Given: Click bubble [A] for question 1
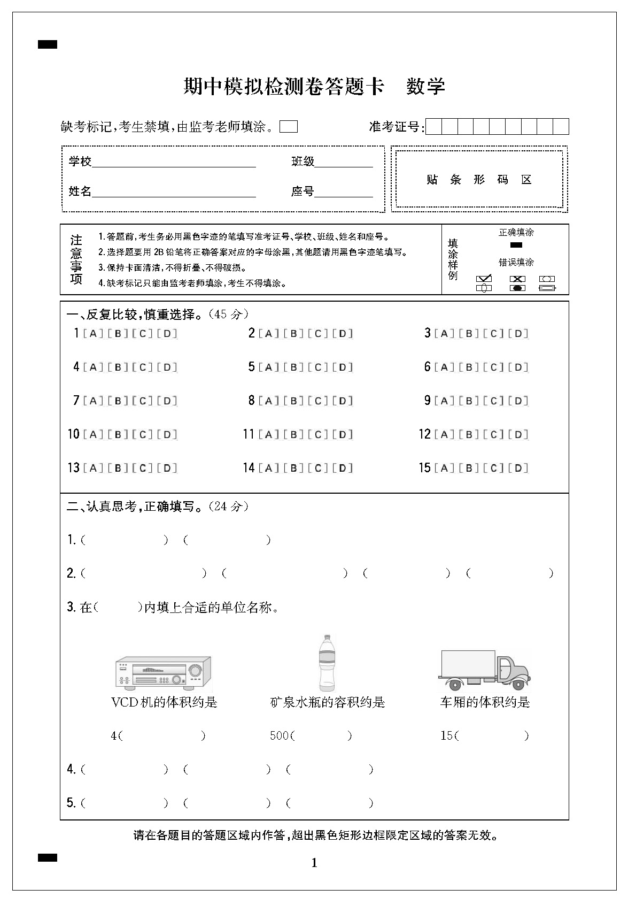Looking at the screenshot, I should [94, 334].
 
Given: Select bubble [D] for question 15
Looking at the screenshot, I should [518, 468].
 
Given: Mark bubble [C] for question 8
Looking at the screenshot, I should [318, 401].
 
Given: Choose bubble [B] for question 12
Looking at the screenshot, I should [469, 434].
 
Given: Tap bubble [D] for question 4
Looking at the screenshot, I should [167, 367].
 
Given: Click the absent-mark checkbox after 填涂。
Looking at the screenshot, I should [289, 127].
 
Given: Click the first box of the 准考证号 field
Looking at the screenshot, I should [434, 127].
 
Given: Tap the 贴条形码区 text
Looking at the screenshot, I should [479, 180].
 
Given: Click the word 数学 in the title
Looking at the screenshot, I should [425, 86].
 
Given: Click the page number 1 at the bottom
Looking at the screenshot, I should [314, 863].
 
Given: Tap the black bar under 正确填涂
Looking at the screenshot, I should [516, 246].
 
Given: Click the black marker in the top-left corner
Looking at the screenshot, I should [48, 45].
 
